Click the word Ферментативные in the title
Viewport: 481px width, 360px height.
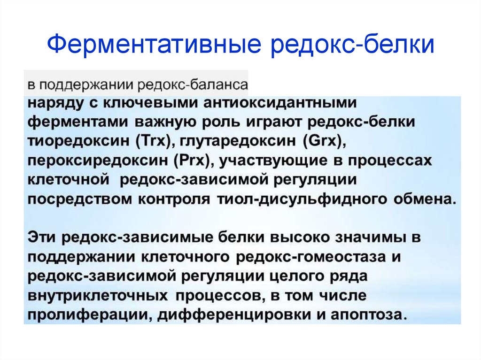(x=154, y=45)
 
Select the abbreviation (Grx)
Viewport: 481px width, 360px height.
(x=324, y=141)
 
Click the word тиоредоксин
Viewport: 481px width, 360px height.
(x=79, y=141)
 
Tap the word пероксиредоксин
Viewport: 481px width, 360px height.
(x=98, y=161)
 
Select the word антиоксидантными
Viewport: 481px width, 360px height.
(x=280, y=103)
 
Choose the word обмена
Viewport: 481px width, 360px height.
(x=425, y=199)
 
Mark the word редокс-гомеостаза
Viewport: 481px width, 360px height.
(x=311, y=257)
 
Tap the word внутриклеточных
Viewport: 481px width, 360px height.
(x=98, y=296)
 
